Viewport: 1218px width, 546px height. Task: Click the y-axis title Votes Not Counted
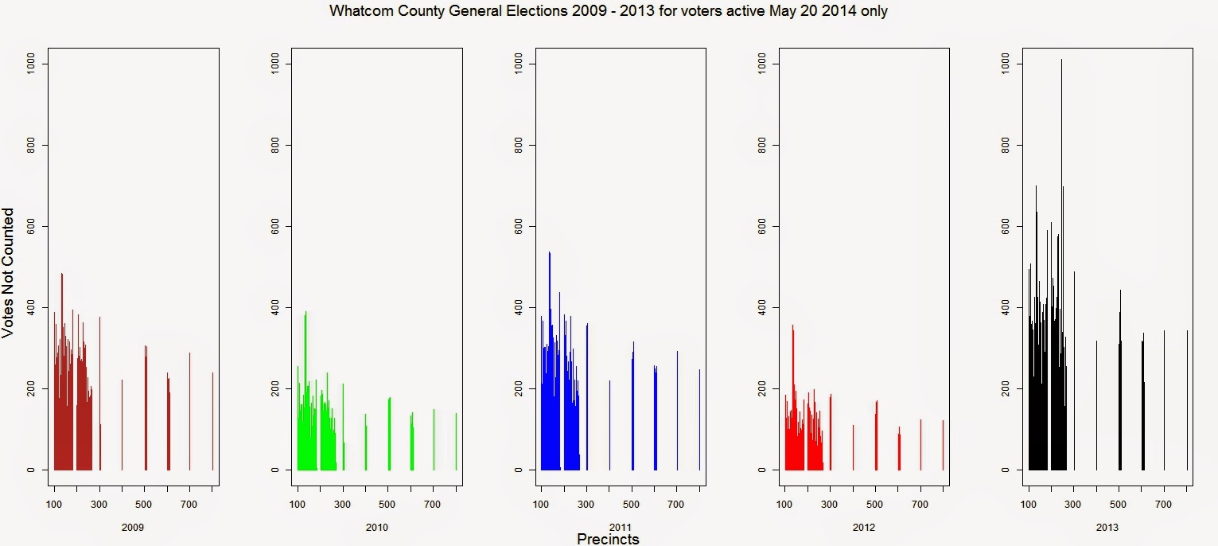click(x=8, y=272)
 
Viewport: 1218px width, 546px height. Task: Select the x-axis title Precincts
click(x=608, y=539)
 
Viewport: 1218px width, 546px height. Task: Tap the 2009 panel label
click(x=133, y=527)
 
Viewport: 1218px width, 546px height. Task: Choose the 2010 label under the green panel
click(x=376, y=527)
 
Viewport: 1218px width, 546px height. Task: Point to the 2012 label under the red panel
click(x=863, y=527)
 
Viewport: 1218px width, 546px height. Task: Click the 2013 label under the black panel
click(x=1107, y=527)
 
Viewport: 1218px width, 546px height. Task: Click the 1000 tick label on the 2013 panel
click(x=1005, y=63)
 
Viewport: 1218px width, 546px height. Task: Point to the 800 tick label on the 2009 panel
click(x=31, y=145)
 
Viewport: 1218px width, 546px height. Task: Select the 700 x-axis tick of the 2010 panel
click(x=434, y=505)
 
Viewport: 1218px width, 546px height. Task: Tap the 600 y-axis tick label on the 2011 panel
click(x=518, y=227)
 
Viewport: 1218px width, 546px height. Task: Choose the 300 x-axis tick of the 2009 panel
click(x=99, y=505)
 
